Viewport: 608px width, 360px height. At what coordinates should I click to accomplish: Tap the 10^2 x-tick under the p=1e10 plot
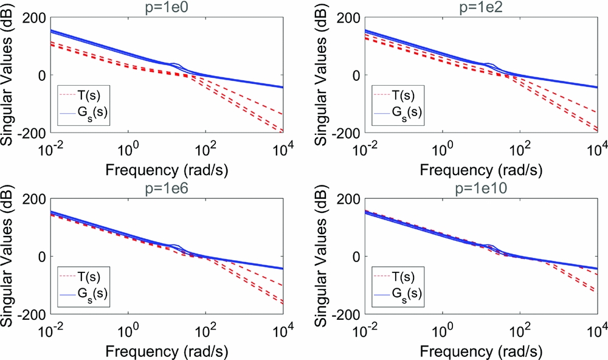(520, 328)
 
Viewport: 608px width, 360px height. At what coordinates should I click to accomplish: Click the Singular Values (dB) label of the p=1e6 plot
(10, 257)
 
